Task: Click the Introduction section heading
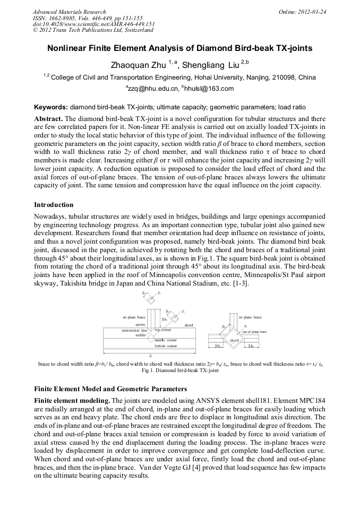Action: click(x=54, y=204)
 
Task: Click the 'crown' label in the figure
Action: click(x=140, y=324)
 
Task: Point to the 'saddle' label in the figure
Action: click(x=140, y=335)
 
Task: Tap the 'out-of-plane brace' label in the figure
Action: click(x=254, y=331)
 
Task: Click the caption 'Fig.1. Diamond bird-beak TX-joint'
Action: click(x=180, y=370)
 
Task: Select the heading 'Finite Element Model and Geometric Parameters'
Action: click(x=110, y=389)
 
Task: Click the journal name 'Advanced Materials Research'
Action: click(x=69, y=12)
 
